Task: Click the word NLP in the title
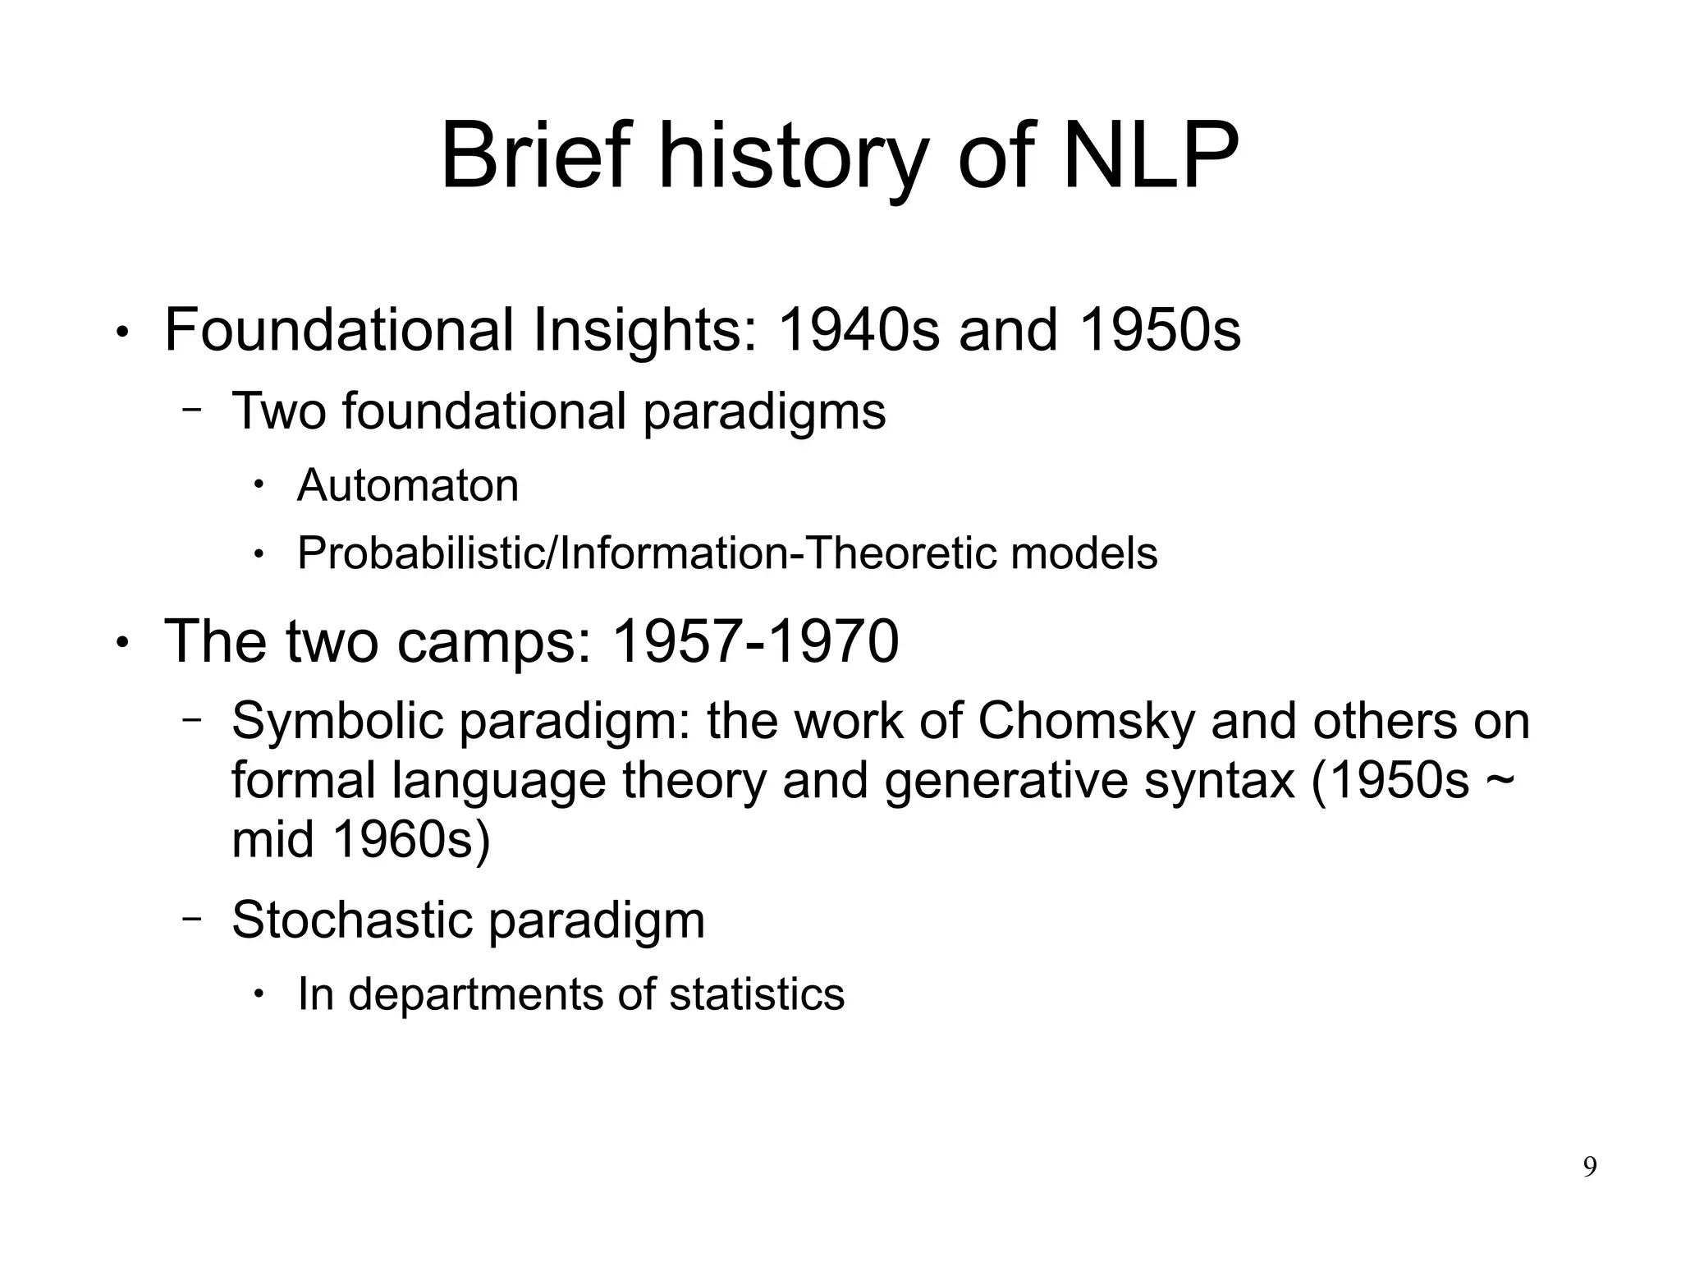[x=1150, y=156]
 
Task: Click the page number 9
[x=1589, y=1167]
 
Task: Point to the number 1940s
[x=858, y=330]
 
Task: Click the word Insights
[x=644, y=330]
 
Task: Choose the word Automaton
[x=408, y=485]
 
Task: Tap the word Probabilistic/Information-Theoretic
[x=645, y=553]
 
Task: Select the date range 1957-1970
[x=755, y=641]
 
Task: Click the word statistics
[x=757, y=994]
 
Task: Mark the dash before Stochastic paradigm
[x=191, y=918]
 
